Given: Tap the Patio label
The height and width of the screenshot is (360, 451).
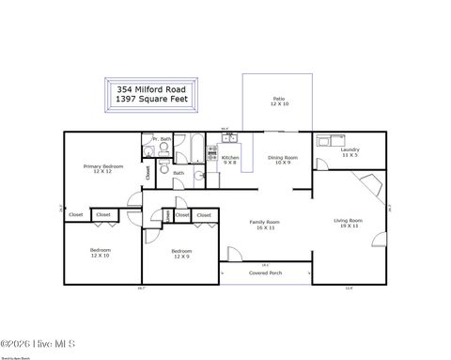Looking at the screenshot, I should [x=278, y=101].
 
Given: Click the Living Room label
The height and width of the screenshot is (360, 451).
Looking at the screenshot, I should [x=348, y=223].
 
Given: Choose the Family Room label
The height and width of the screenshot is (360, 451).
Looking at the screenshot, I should [x=264, y=224].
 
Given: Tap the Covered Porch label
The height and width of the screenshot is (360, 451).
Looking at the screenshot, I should [x=265, y=273].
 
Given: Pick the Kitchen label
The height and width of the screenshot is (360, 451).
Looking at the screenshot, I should [x=229, y=159].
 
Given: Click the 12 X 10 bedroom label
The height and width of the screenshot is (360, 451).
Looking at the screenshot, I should [x=101, y=253].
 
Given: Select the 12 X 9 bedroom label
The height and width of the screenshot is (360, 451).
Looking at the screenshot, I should [x=181, y=253].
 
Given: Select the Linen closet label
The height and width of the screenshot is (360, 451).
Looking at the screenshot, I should [x=167, y=216].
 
